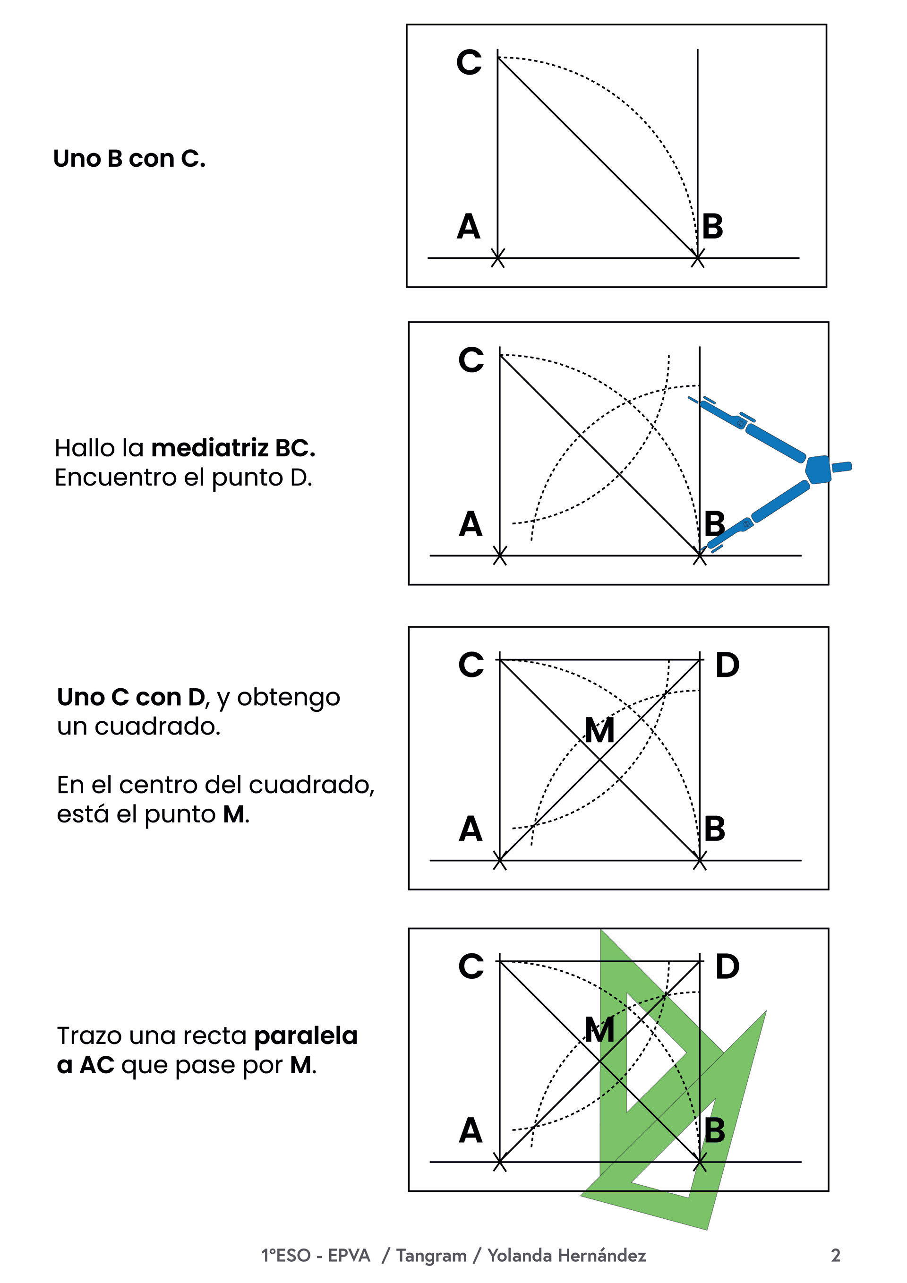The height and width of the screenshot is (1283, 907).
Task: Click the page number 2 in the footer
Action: click(x=836, y=1255)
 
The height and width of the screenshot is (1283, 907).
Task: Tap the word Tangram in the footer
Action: click(x=431, y=1255)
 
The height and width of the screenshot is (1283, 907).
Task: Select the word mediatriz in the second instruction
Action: click(x=210, y=448)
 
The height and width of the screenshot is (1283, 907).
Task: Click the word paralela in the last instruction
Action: click(x=306, y=1035)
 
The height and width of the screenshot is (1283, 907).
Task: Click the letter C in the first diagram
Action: click(x=469, y=62)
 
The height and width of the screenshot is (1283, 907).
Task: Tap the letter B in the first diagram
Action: click(x=712, y=227)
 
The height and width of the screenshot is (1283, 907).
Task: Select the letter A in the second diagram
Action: click(x=471, y=525)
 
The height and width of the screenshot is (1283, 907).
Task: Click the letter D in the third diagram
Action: click(x=727, y=665)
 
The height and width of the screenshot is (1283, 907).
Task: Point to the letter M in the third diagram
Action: click(x=599, y=730)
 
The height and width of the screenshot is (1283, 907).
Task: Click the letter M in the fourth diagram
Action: click(x=599, y=1029)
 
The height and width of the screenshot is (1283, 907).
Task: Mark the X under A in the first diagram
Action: click(x=497, y=258)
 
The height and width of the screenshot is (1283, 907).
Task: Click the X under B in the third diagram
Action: click(x=699, y=861)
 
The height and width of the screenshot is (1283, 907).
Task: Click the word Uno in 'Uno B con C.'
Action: click(x=77, y=159)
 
